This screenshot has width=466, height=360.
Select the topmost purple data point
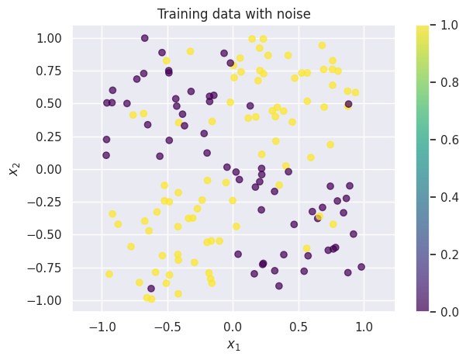(145, 38)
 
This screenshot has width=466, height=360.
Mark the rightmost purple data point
(361, 267)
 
